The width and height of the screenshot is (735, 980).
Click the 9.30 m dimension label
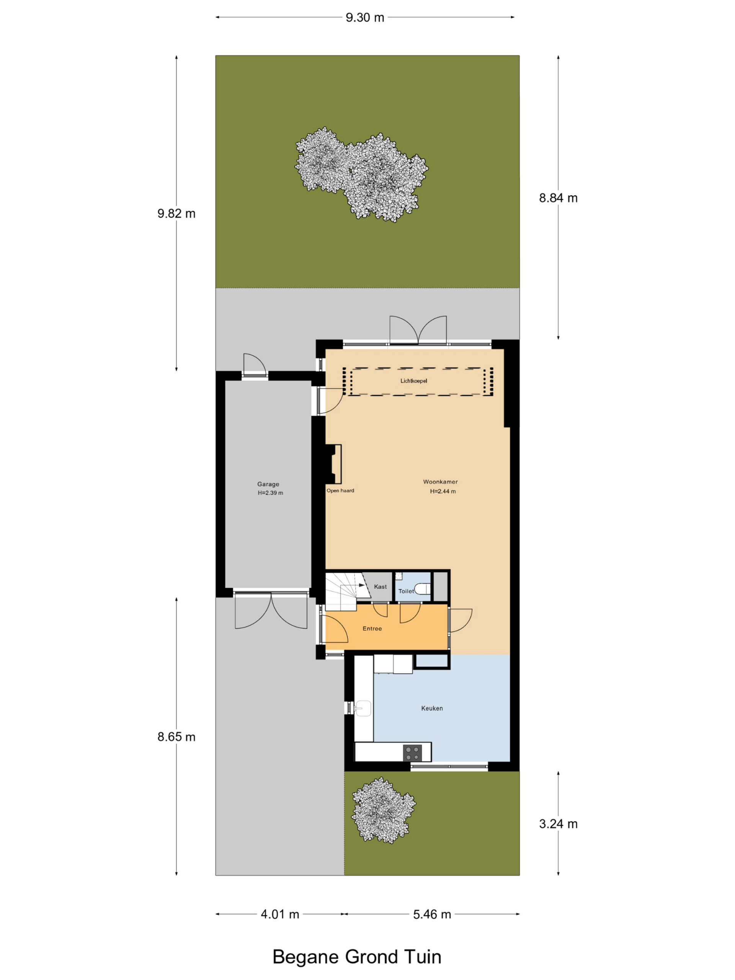tap(364, 18)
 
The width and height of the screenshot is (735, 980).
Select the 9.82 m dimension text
tap(176, 214)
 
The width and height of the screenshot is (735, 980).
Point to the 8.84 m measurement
tap(558, 198)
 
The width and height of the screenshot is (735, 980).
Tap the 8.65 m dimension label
tap(176, 737)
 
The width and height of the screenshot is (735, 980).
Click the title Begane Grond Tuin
tap(357, 957)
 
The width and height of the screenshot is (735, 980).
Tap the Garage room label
tap(268, 484)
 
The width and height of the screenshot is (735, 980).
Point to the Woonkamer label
tap(440, 482)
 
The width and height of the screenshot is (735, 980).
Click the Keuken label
tap(432, 708)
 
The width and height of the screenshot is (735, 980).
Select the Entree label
tap(372, 628)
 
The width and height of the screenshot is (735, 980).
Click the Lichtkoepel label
tap(414, 381)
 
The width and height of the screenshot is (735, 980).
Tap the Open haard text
tap(340, 490)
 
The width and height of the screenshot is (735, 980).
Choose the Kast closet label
tap(380, 586)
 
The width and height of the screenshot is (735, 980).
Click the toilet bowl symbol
tap(423, 589)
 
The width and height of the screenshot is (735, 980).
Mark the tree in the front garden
tap(383, 810)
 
